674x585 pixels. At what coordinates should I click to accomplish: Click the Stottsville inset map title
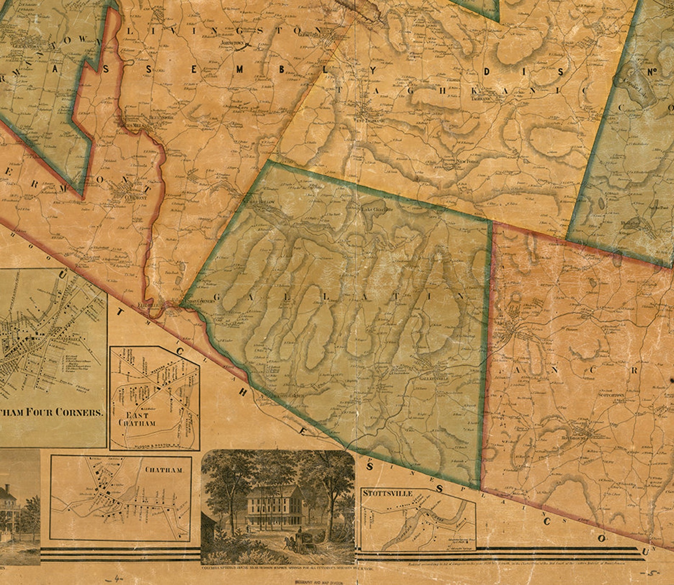pos(387,493)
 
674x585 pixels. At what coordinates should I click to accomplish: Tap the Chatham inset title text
pos(164,470)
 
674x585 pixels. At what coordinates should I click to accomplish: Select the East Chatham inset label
pos(137,419)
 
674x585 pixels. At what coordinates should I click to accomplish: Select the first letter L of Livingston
pos(130,31)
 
